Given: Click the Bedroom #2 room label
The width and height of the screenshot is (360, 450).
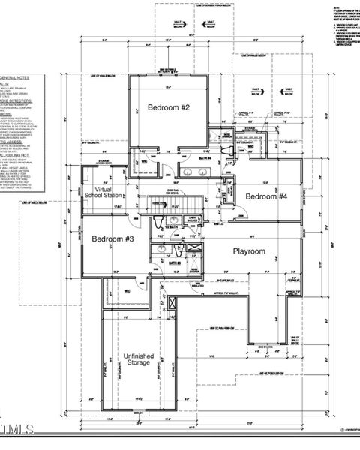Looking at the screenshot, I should [x=168, y=108].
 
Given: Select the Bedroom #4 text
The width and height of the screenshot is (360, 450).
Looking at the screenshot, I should [x=266, y=196].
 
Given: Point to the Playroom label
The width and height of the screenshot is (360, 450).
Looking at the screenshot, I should [x=249, y=251].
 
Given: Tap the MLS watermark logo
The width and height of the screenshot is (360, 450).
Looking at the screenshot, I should [x=19, y=429].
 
